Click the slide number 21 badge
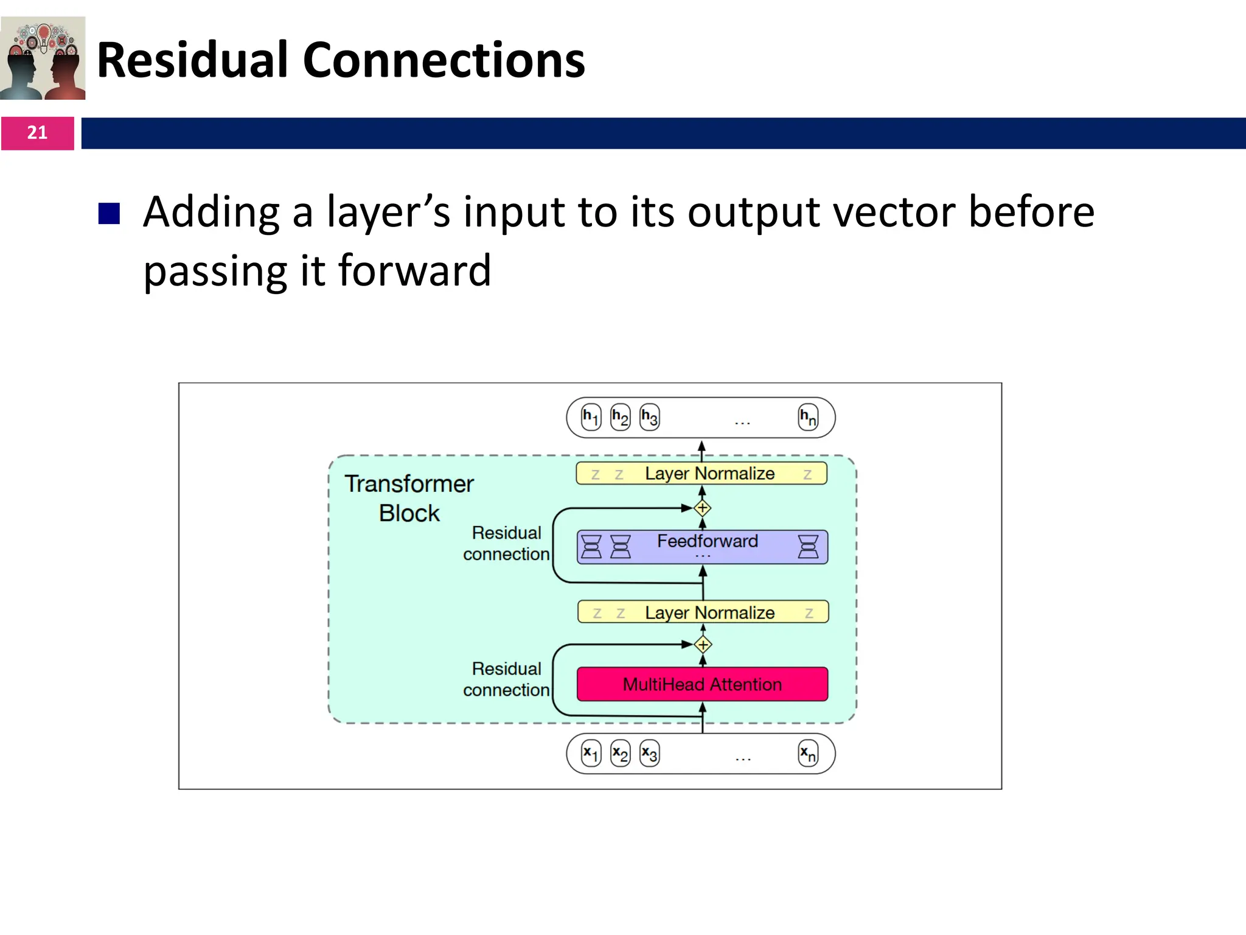point(37,133)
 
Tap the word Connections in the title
point(444,60)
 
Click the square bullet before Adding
point(109,214)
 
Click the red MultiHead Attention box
point(702,684)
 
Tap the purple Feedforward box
point(702,547)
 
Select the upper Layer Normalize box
point(701,474)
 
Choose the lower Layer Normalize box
point(703,612)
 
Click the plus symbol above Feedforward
point(703,508)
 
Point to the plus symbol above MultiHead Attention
point(703,645)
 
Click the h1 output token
point(591,417)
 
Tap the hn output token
point(808,417)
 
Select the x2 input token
point(620,754)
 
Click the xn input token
point(808,754)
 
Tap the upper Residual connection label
point(506,544)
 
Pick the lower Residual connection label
point(506,679)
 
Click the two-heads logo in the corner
point(43,58)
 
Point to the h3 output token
point(649,417)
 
